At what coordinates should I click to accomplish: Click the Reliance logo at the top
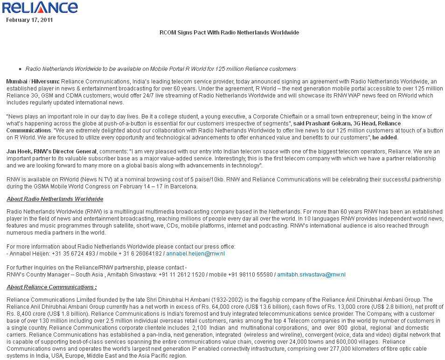(x=40, y=8)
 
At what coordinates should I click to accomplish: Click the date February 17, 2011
(x=29, y=20)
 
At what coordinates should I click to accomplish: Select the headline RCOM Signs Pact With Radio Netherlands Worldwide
(x=229, y=33)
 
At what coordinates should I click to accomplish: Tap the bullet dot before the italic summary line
(x=20, y=69)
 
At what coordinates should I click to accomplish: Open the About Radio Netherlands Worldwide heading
(x=55, y=199)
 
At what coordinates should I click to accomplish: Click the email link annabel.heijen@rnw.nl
(x=195, y=254)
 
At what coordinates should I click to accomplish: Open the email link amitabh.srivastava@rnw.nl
(x=311, y=275)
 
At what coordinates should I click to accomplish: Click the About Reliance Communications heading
(x=52, y=287)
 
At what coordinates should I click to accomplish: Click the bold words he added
(x=385, y=138)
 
